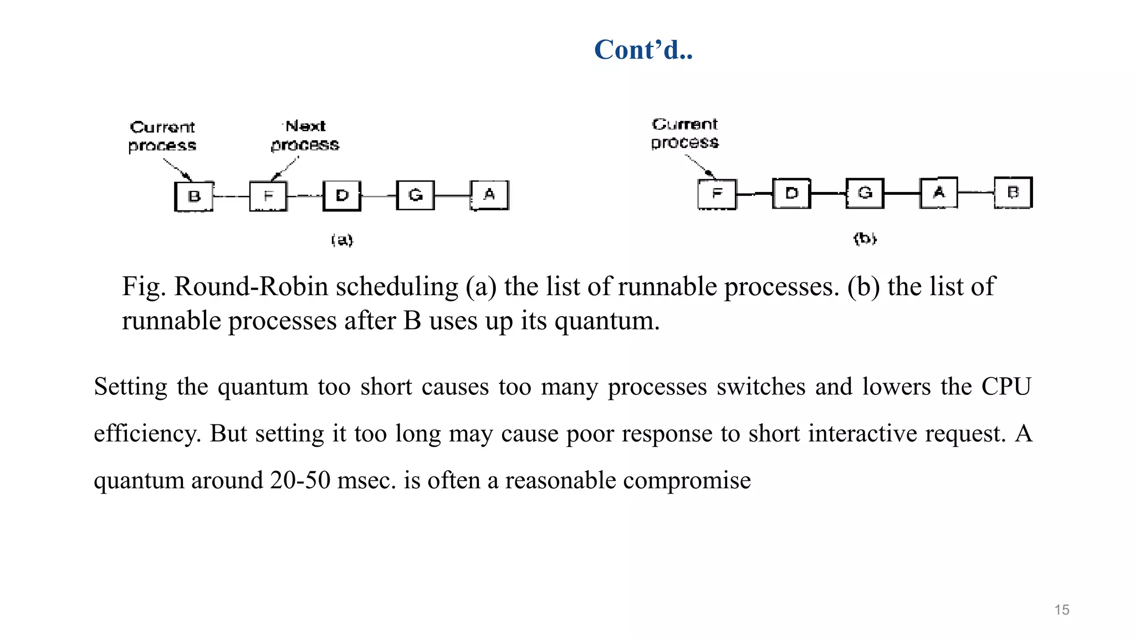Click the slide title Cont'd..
[x=643, y=50]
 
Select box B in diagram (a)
[x=194, y=196]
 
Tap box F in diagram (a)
[x=268, y=196]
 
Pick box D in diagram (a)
[x=342, y=195]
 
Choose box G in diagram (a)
[x=416, y=195]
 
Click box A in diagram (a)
[x=489, y=195]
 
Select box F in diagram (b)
[x=717, y=194]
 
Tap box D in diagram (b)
[x=791, y=193]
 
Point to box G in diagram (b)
[x=865, y=192]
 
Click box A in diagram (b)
[x=939, y=192]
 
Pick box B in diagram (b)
[x=1013, y=192]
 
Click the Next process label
[x=305, y=135]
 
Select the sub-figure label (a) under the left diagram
[x=342, y=240]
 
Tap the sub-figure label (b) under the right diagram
[x=865, y=239]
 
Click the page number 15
[x=1061, y=610]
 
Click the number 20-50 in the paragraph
[x=300, y=480]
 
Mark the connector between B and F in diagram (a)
[x=231, y=196]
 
